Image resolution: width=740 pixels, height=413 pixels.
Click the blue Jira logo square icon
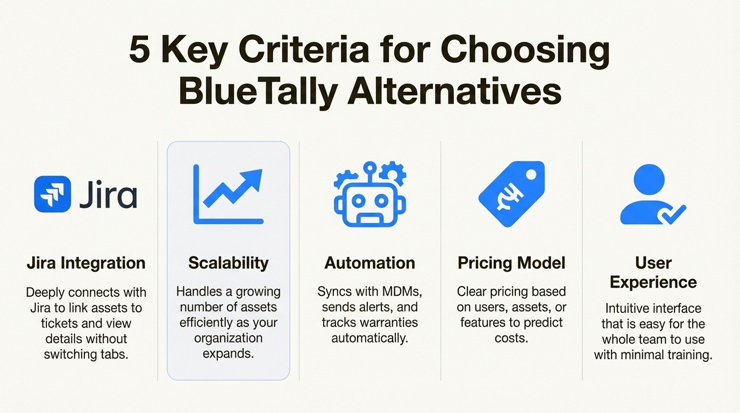(52, 194)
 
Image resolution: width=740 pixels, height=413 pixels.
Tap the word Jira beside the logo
(108, 194)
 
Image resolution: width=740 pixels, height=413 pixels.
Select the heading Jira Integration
(86, 263)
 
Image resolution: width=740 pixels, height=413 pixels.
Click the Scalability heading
(228, 263)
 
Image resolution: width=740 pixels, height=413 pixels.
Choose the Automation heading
(369, 263)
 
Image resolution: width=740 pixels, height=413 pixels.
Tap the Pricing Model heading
(511, 263)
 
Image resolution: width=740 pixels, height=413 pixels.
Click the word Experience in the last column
(653, 282)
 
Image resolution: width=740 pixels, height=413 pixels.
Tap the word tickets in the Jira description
(59, 323)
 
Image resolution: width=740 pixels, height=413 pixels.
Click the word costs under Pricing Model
(511, 339)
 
